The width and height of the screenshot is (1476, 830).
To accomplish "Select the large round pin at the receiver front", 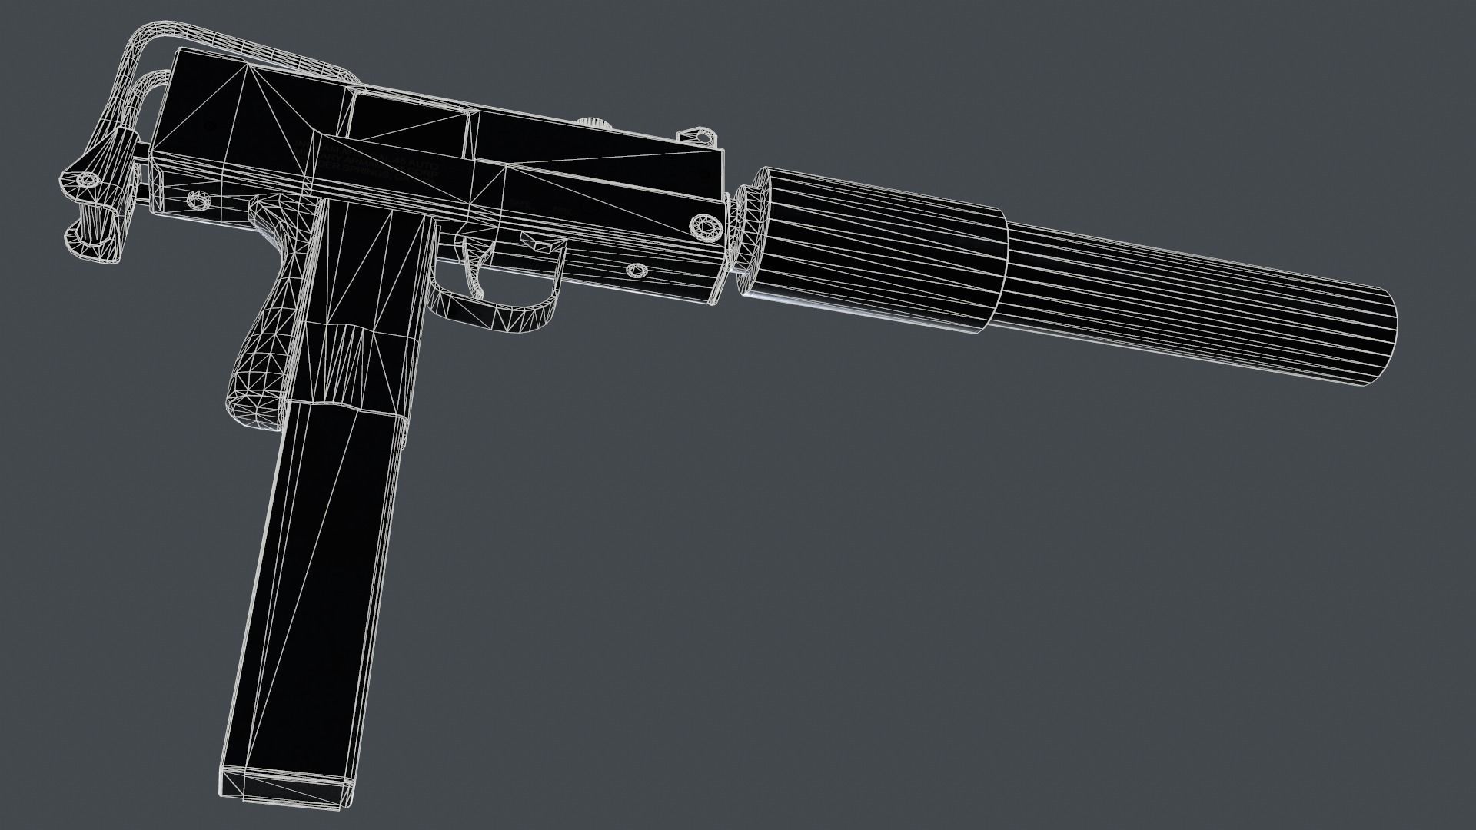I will click(x=705, y=227).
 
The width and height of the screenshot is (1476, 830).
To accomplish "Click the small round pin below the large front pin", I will click(x=637, y=271).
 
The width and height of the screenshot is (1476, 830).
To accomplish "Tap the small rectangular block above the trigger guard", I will click(x=544, y=245).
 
